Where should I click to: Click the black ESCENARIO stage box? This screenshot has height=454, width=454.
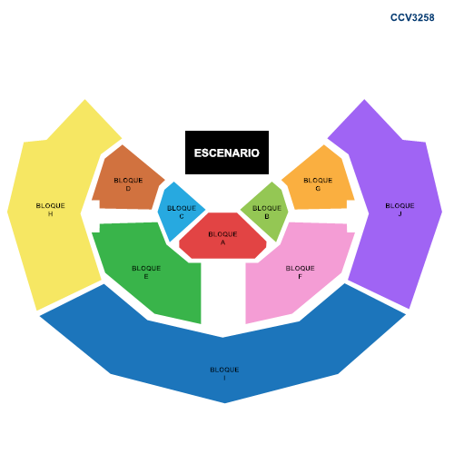[x=227, y=153]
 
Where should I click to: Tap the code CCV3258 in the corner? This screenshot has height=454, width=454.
[x=412, y=17]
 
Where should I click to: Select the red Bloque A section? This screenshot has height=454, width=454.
[x=222, y=236]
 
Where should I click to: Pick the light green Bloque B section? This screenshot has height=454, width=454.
[x=266, y=212]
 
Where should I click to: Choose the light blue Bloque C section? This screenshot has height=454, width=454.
[x=180, y=212]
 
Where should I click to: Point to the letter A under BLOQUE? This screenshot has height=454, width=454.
[x=222, y=242]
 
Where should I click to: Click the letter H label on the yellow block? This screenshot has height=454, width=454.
[x=50, y=214]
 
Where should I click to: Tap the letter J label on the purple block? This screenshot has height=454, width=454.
[x=400, y=214]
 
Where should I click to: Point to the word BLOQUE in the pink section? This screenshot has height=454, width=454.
[x=300, y=268]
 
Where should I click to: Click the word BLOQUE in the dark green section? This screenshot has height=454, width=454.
[x=146, y=268]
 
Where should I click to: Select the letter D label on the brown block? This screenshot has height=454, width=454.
[x=128, y=189]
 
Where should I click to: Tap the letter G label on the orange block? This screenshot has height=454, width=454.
[x=318, y=189]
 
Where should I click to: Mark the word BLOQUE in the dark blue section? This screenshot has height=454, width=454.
[x=224, y=370]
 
